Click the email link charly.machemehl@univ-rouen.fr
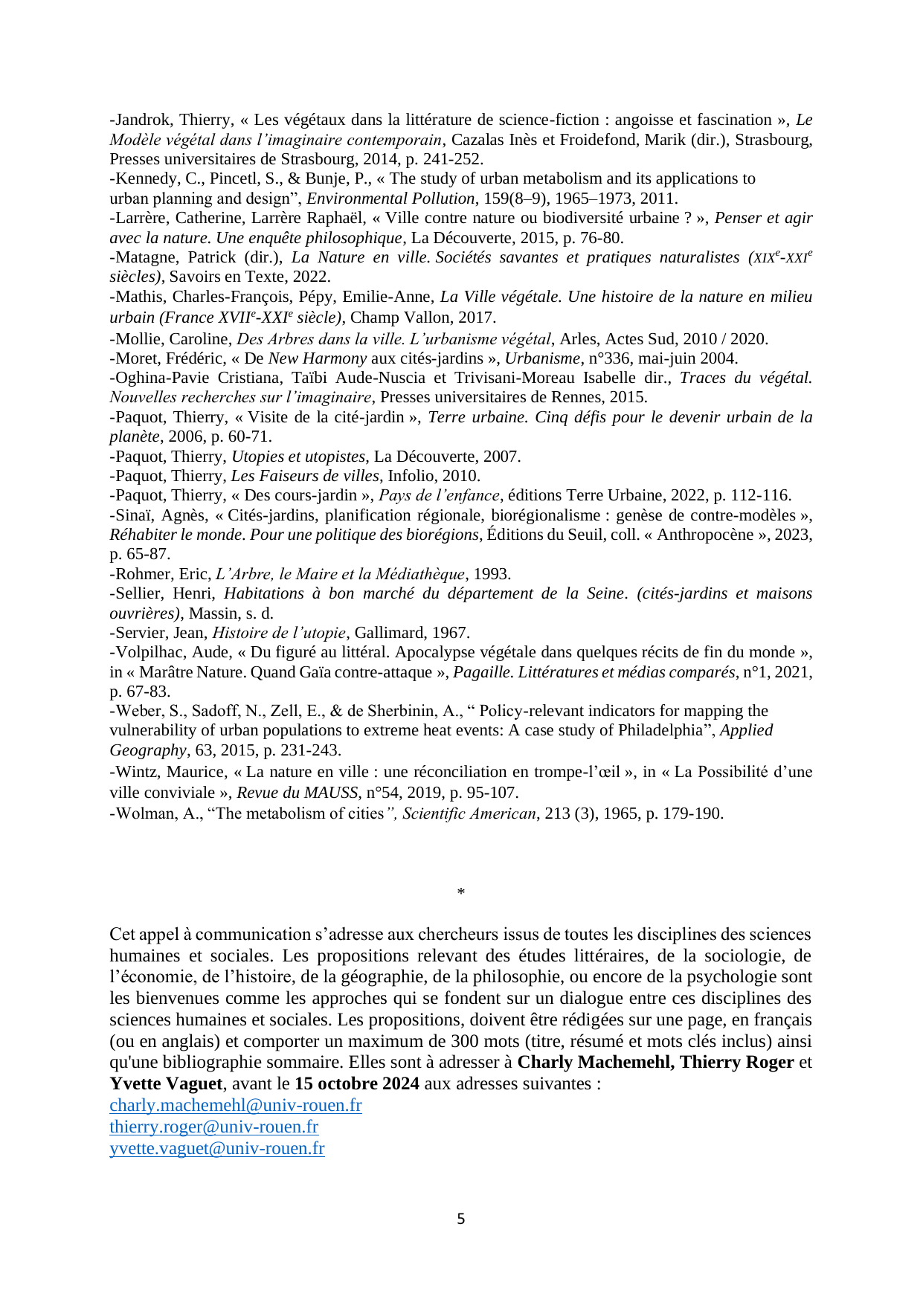pos(235,1106)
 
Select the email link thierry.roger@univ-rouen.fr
pos(213,1127)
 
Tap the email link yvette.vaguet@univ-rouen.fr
pos(216,1149)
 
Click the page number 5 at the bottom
pos(461,1219)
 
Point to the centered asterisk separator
pos(461,892)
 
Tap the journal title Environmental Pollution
pos(390,199)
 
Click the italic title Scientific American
pos(469,813)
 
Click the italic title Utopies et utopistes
pos(298,457)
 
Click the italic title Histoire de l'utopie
pos(279,633)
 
